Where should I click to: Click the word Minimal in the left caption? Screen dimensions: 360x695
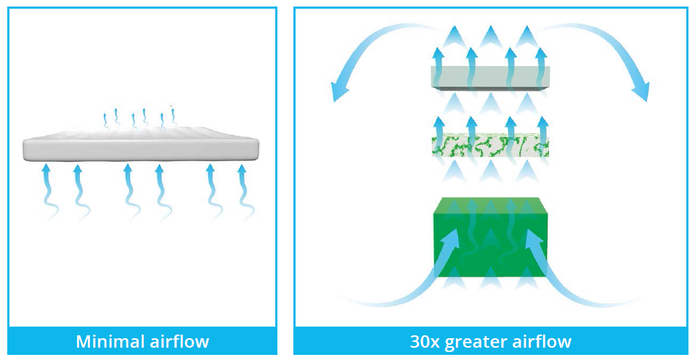[105, 341]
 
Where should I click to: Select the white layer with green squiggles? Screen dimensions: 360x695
[489, 145]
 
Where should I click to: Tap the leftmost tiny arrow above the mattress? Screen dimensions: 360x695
[105, 118]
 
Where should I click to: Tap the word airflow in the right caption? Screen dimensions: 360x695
[541, 341]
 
